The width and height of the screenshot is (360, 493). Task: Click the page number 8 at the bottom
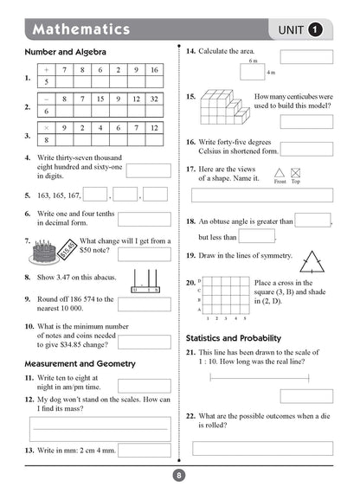179,474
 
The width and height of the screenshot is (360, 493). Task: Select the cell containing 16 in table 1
153,69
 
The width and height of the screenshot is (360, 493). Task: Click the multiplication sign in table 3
46,127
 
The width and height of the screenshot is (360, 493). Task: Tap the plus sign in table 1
46,69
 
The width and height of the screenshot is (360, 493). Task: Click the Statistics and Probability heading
245,337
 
